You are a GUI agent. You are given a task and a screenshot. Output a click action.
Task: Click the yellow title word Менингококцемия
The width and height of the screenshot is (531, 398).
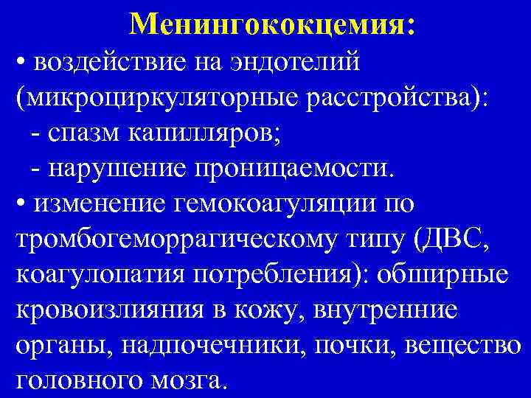tap(271, 25)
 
